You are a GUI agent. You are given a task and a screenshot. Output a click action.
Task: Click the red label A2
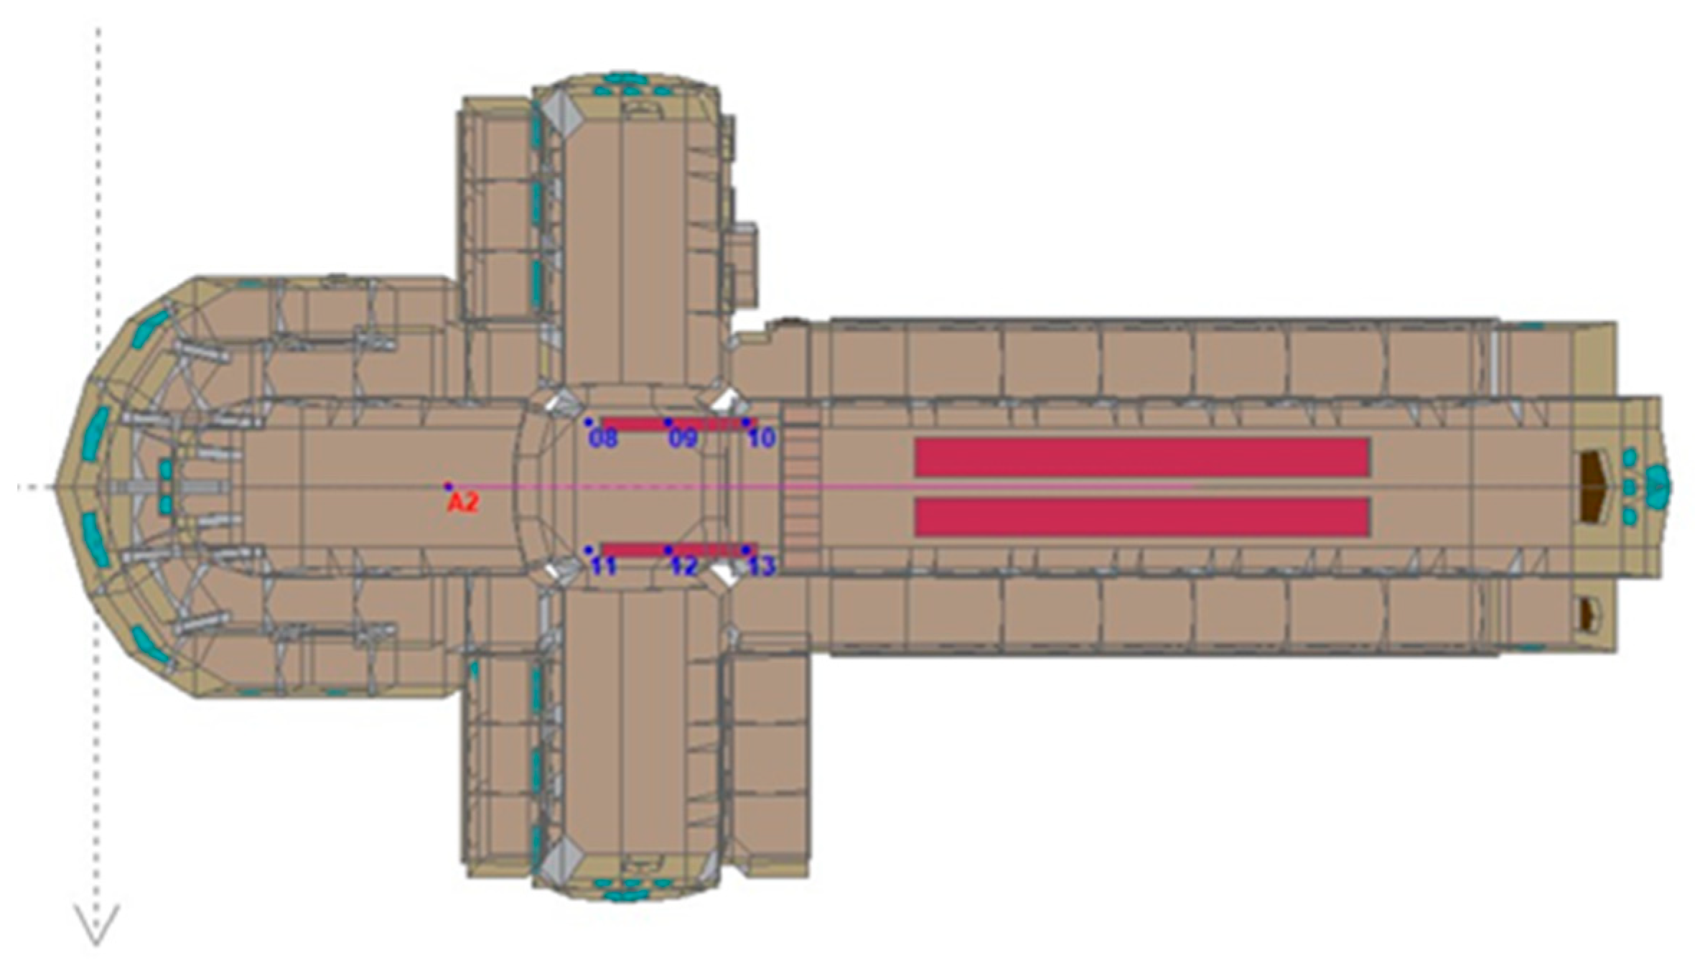coord(462,503)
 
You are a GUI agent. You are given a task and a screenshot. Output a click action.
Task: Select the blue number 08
coord(603,438)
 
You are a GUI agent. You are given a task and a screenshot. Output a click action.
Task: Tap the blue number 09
coord(683,438)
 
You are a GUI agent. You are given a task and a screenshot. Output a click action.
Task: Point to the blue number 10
coord(762,438)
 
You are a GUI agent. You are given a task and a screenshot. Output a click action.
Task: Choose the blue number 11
coord(603,567)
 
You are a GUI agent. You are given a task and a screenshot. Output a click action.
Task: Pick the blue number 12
coord(683,567)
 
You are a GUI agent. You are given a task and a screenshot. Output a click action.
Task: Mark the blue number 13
coord(762,567)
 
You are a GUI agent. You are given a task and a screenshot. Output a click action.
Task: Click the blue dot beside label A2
coord(448,486)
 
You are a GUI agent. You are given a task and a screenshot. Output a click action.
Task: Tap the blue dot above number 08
coord(588,422)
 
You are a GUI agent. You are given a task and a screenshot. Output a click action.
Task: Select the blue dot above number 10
coord(746,422)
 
